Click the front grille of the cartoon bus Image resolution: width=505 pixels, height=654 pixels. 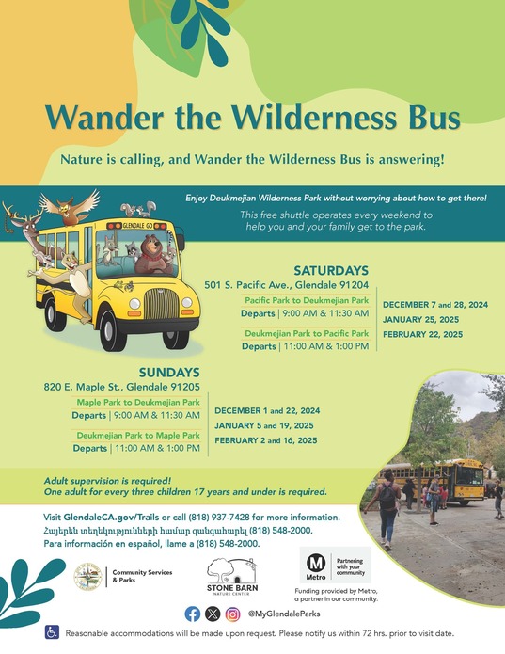(x=164, y=307)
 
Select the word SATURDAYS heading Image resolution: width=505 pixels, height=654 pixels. (x=331, y=269)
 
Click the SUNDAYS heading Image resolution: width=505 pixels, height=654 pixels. (x=171, y=372)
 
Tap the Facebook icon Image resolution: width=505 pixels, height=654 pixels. (x=193, y=614)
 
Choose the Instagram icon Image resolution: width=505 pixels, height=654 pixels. (x=232, y=614)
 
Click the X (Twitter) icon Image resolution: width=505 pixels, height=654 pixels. (x=213, y=614)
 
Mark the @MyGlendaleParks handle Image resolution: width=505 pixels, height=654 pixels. (x=286, y=614)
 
